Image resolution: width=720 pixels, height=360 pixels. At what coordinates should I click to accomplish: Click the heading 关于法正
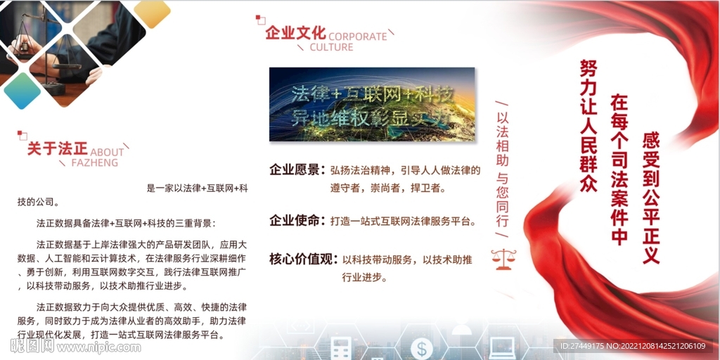pos(57,149)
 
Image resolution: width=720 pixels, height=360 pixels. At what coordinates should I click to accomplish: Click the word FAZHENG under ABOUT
pos(94,162)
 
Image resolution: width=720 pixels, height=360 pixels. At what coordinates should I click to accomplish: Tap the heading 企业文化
pos(295,33)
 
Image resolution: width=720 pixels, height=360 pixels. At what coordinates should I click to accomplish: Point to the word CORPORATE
pos(357,36)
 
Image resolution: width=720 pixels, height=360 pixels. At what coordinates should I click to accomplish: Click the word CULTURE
pos(331,47)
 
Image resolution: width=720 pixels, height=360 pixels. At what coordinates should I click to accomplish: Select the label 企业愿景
pos(295,169)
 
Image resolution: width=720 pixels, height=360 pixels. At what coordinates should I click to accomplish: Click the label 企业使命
pos(295,221)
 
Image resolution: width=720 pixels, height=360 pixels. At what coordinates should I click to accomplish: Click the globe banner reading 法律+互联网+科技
pos(371,104)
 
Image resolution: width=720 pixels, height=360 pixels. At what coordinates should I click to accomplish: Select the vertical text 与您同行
pos(503,200)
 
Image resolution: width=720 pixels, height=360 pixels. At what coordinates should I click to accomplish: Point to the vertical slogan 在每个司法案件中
pos(619,169)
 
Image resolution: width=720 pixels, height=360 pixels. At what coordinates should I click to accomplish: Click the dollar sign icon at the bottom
pos(422,347)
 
